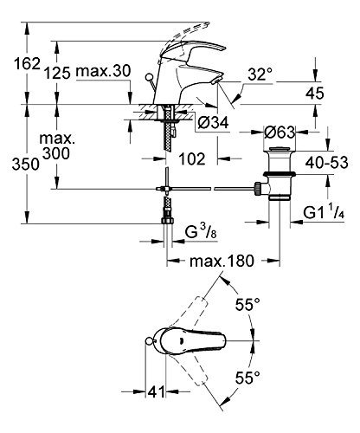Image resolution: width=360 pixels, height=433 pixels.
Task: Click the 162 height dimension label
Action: [x=27, y=63]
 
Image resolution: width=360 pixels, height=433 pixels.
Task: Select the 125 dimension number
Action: [x=57, y=73]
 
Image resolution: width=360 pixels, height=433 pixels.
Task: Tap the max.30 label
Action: [x=103, y=71]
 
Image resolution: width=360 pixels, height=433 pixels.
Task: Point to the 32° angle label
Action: [x=260, y=74]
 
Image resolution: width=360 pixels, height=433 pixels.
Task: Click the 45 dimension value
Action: [x=314, y=93]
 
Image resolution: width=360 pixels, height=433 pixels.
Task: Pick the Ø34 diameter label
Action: [x=213, y=122]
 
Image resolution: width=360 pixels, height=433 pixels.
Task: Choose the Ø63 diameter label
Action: [x=280, y=132]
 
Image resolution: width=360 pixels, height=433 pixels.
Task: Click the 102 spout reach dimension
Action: [x=192, y=158]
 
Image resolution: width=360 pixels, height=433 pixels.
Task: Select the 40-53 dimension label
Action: [x=327, y=163]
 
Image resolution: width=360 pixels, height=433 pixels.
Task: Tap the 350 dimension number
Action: [x=25, y=165]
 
